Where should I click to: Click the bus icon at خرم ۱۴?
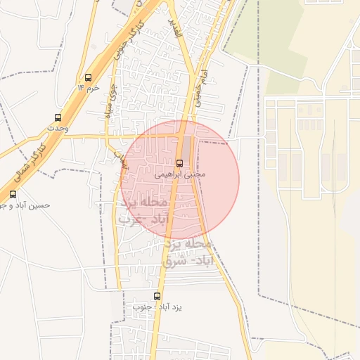[88, 77]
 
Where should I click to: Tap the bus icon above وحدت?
[58, 117]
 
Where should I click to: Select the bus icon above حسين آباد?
[13, 194]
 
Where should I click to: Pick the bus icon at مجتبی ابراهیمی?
[179, 162]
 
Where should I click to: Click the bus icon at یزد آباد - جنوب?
[157, 296]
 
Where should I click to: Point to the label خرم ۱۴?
[89, 88]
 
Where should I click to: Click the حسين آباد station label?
[25, 205]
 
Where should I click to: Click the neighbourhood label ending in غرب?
[144, 210]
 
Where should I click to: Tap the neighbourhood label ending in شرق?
[186, 252]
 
